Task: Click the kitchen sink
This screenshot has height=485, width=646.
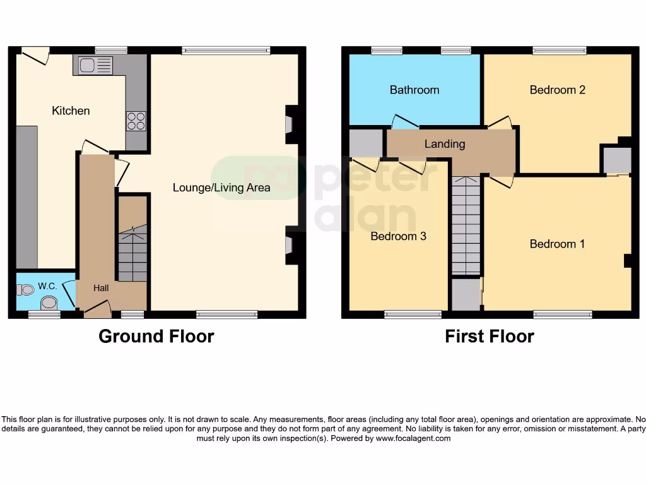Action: coord(93,65)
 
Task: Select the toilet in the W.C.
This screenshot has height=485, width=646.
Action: coord(26,290)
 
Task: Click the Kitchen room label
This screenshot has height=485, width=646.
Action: coord(71,111)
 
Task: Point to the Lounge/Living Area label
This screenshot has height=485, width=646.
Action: coord(221,187)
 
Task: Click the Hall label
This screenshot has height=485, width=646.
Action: coord(101,288)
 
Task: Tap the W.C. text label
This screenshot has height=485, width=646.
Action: coord(47,286)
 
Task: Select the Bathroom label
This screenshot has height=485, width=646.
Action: coord(414,90)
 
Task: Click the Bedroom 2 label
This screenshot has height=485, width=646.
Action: coord(557,90)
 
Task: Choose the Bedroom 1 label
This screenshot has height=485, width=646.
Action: coord(557,244)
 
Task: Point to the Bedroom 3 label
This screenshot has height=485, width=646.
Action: coord(398,236)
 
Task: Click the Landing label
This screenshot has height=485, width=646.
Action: coord(444,144)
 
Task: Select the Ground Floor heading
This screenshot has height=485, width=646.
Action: coord(156,336)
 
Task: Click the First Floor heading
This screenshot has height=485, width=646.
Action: coord(489,336)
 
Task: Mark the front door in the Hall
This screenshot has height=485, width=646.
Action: coord(97,307)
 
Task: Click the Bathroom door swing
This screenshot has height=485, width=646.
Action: coord(404,121)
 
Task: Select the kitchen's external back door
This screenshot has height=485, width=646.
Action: coord(35,55)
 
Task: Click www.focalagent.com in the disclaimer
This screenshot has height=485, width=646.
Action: coord(413,438)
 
